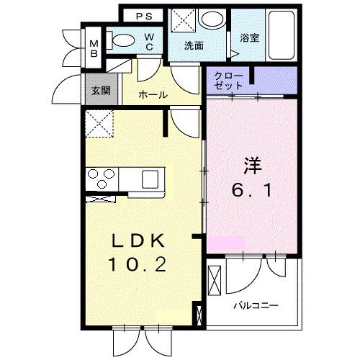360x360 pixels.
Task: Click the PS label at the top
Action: pyautogui.click(x=144, y=15)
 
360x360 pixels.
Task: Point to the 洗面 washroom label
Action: pyautogui.click(x=194, y=45)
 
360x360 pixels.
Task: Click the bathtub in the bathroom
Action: pyautogui.click(x=277, y=36)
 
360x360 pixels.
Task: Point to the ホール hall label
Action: pyautogui.click(x=153, y=94)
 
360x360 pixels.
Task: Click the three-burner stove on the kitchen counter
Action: pyautogui.click(x=102, y=176)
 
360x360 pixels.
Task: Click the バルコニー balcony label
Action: pyautogui.click(x=255, y=305)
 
